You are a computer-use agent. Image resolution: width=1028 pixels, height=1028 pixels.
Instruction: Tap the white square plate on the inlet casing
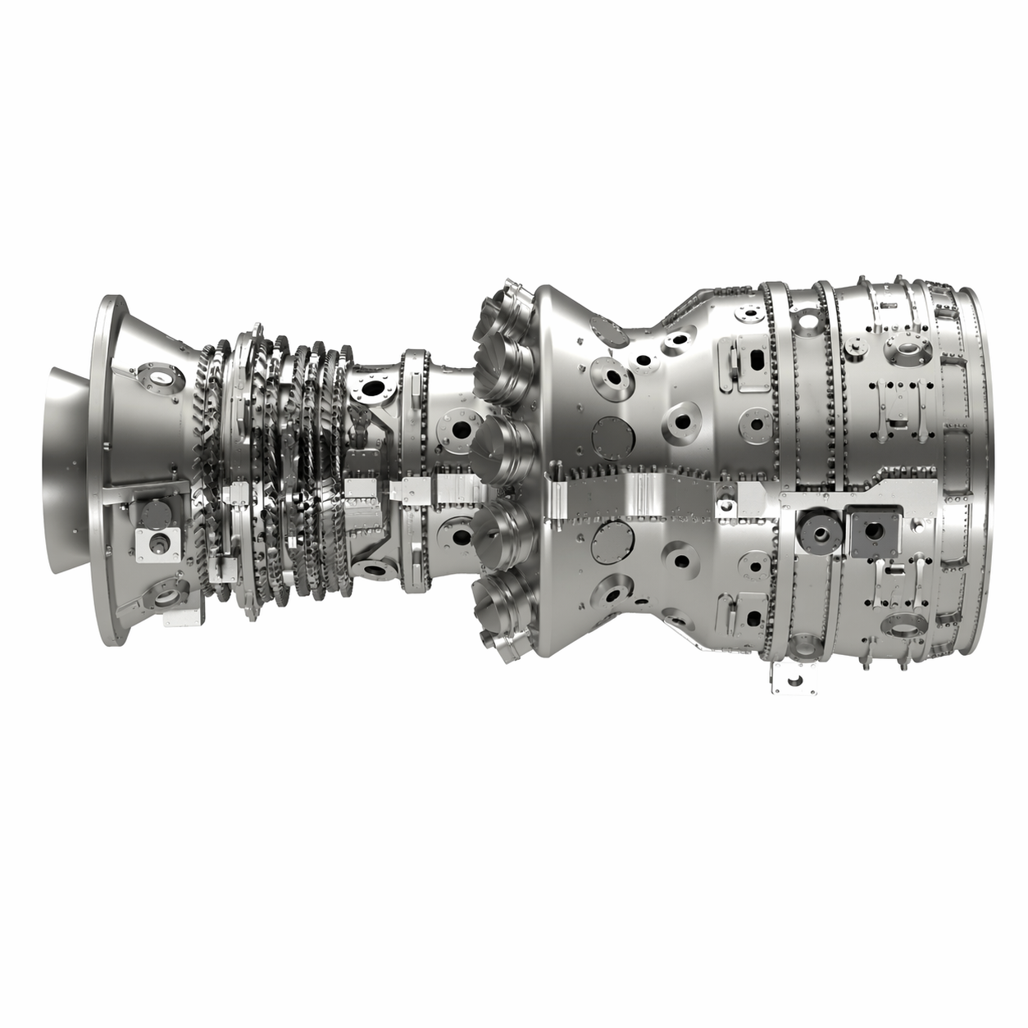click(x=158, y=543)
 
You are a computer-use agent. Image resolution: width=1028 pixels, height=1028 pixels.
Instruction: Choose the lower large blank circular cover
click(x=612, y=541)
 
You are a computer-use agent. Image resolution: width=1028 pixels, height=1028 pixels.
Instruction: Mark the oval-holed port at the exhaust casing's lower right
click(x=906, y=627)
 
